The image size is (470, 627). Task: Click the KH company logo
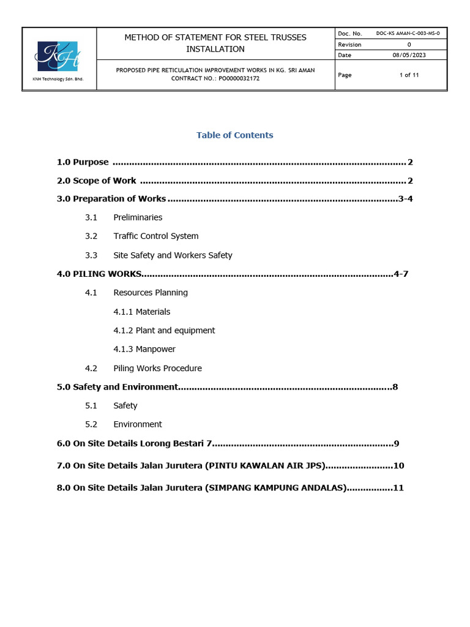(58, 56)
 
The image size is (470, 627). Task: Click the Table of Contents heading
(234, 135)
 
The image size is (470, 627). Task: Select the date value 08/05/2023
(409, 55)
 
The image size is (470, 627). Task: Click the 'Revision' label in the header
(349, 45)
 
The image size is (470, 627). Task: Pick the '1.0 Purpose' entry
(83, 162)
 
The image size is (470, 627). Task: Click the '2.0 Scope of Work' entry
(96, 181)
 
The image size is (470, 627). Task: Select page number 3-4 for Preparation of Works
(406, 198)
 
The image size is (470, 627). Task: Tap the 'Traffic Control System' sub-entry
(155, 236)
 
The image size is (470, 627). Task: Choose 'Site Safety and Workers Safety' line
(173, 255)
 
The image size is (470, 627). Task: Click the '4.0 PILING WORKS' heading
(99, 274)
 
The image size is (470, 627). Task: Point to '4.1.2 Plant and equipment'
(164, 330)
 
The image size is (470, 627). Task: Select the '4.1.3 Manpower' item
(144, 349)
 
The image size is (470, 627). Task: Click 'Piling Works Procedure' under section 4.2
(157, 368)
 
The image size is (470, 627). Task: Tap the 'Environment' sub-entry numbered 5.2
(137, 424)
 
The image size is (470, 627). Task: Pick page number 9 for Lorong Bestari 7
(397, 443)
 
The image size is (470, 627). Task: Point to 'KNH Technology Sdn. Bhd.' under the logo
(58, 80)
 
